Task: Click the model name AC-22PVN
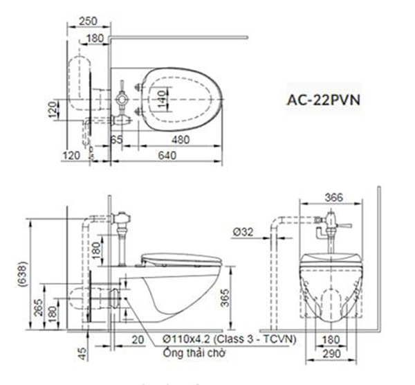click(324, 100)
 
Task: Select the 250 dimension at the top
click(89, 21)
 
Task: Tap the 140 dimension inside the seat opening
click(162, 99)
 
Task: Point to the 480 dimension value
click(181, 140)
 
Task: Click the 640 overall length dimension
click(167, 155)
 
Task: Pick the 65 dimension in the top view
click(117, 140)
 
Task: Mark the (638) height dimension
click(23, 274)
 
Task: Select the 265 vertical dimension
click(39, 307)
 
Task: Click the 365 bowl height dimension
click(225, 298)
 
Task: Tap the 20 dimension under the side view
click(138, 340)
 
